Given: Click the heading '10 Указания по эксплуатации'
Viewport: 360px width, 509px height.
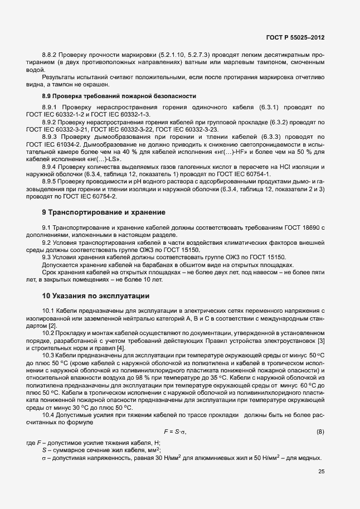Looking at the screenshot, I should click(95, 295).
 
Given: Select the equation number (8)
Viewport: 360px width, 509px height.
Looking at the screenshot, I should click(320, 432).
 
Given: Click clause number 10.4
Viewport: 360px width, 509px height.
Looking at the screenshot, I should click(50, 416).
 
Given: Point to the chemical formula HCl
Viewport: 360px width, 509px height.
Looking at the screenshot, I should click(271, 166).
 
